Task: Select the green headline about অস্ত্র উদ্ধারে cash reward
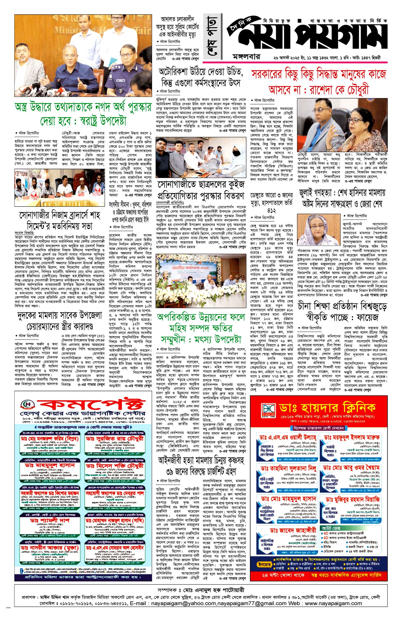pos(83,113)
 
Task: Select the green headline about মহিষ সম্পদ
pos(201,328)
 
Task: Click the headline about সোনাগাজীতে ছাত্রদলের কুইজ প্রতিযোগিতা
pos(201,190)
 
